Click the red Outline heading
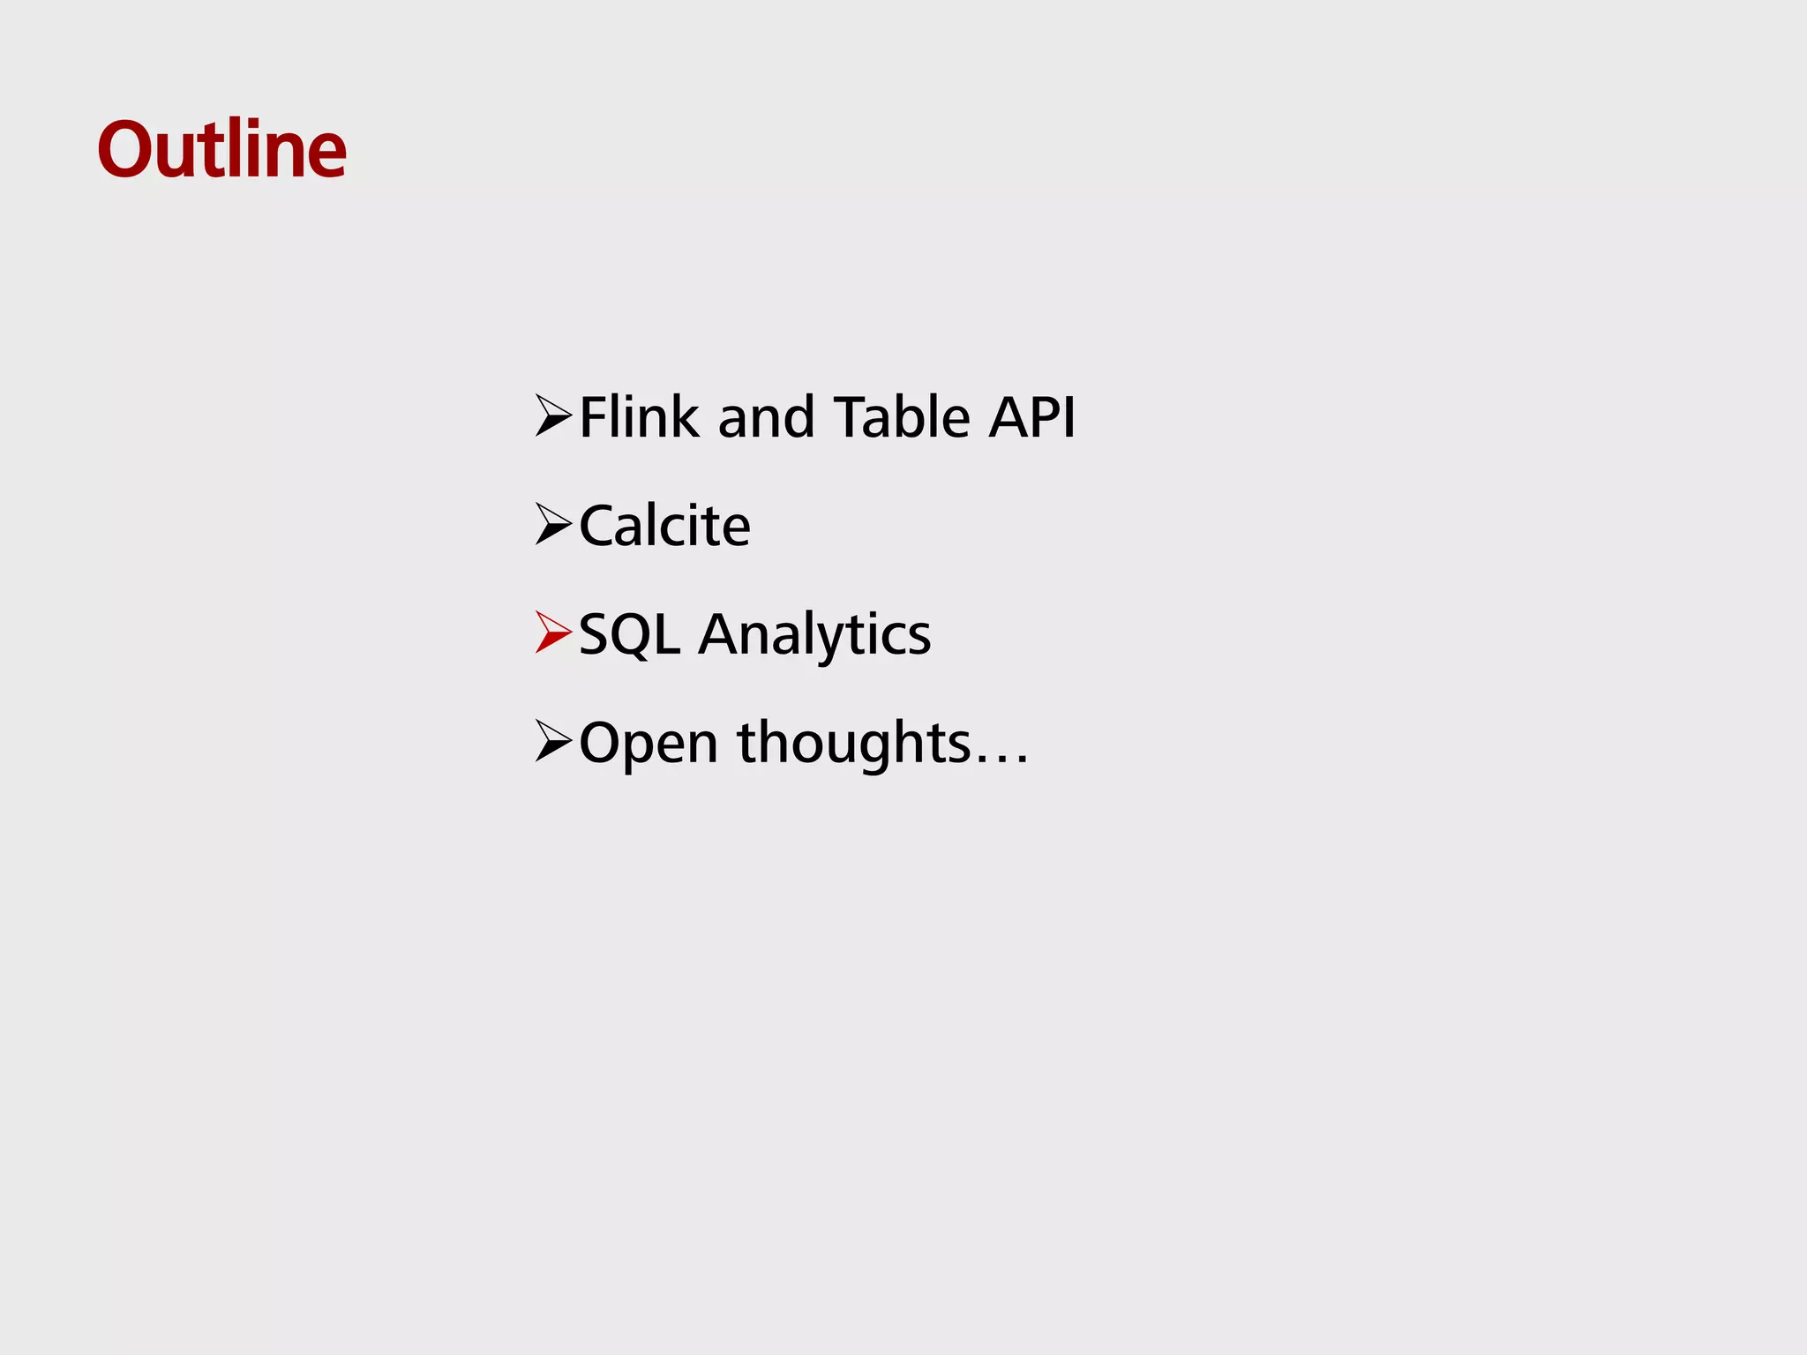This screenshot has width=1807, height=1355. click(x=221, y=149)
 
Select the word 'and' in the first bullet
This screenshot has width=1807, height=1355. click(x=766, y=417)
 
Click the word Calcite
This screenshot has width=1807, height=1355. click(x=664, y=526)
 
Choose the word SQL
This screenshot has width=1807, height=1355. click(x=629, y=634)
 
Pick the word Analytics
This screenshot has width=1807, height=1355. click(x=814, y=636)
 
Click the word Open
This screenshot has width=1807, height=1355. click(x=649, y=744)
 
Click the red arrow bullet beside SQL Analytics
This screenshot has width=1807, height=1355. click(x=553, y=633)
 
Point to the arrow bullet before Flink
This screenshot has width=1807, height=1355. click(x=553, y=416)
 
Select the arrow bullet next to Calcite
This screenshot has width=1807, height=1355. click(x=553, y=525)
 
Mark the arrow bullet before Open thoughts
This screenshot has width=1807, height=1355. click(x=553, y=741)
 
